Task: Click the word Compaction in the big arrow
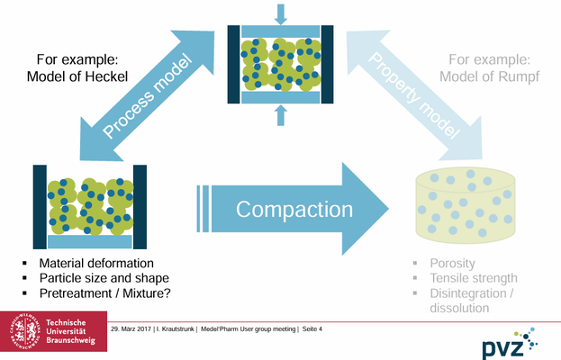(294, 210)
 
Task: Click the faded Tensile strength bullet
(474, 277)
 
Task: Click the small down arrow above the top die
(280, 13)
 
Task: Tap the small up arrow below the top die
(280, 112)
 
